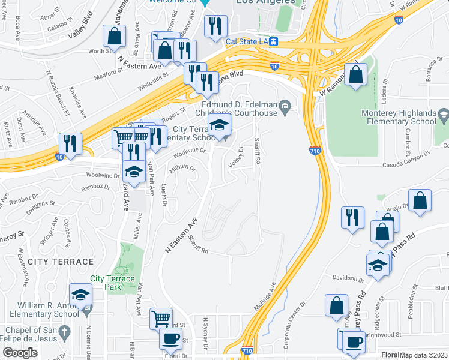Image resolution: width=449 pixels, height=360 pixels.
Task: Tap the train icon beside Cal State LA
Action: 274,41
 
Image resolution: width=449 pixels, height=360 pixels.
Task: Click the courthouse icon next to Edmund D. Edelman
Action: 285,107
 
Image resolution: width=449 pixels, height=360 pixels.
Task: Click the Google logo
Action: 20,353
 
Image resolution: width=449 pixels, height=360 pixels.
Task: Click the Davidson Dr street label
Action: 348,278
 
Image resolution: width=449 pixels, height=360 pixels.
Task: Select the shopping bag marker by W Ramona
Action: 356,75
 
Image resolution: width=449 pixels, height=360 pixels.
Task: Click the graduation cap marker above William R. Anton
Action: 80,294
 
